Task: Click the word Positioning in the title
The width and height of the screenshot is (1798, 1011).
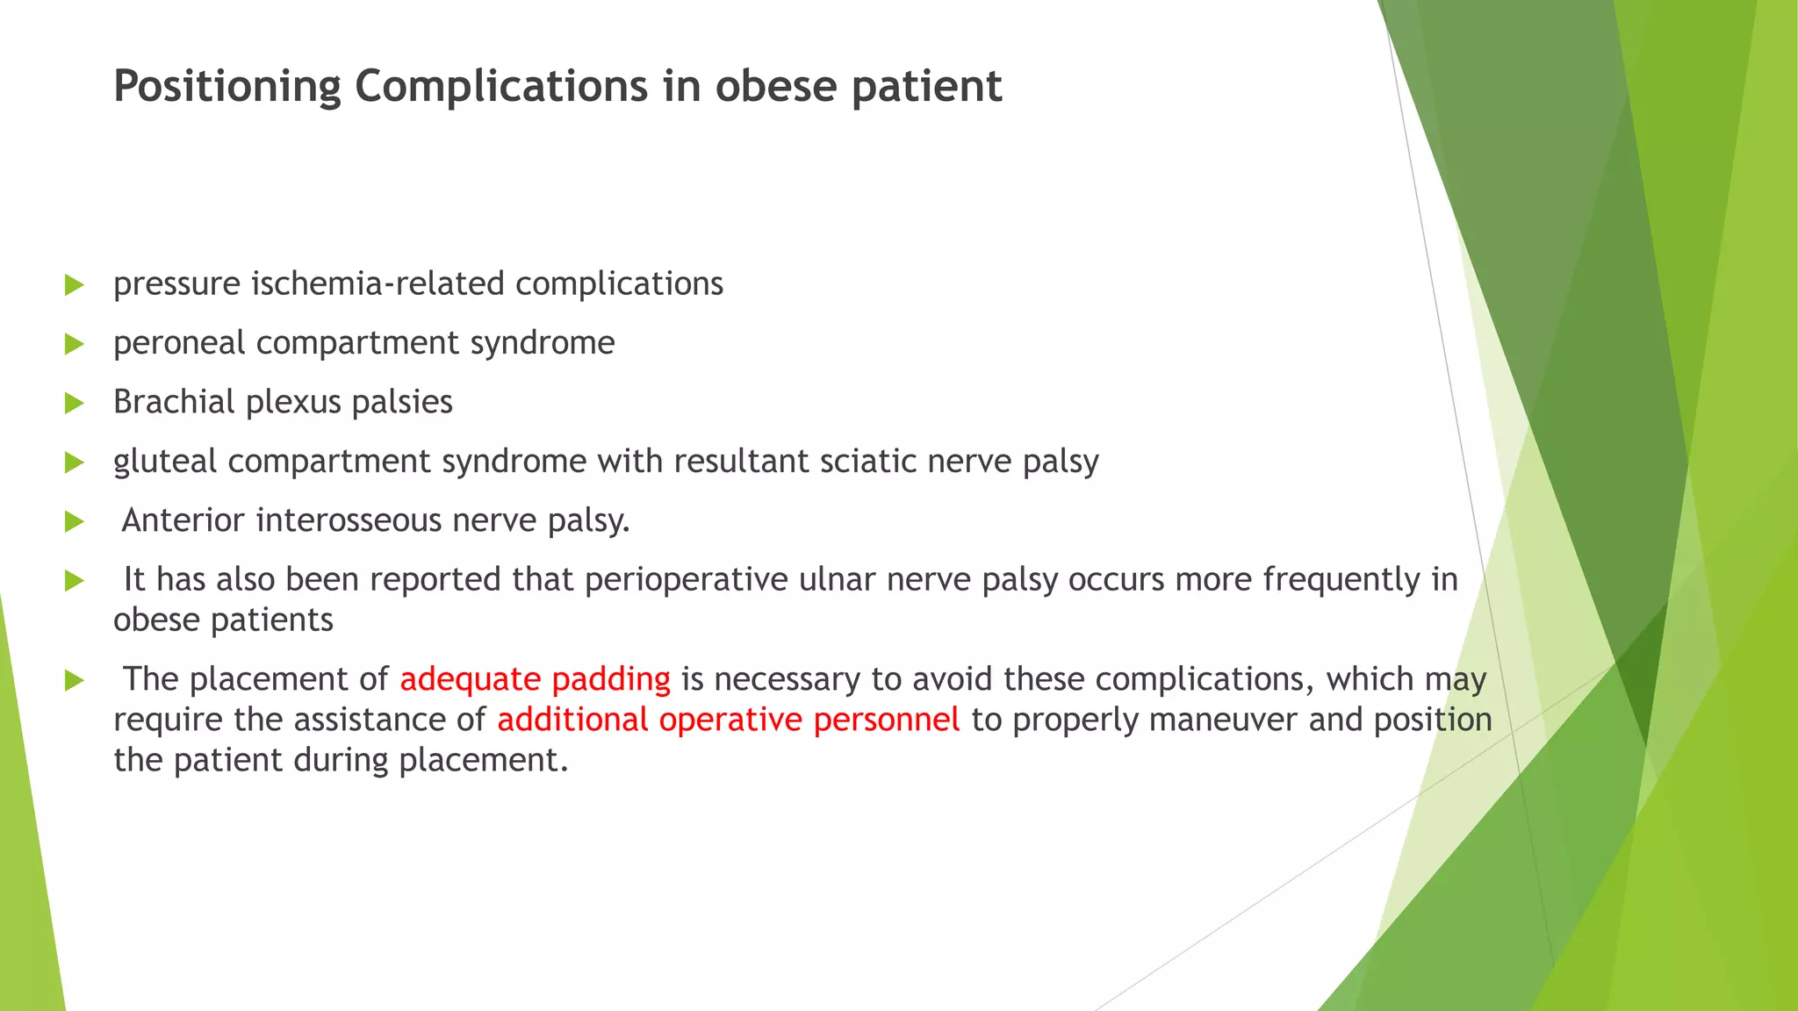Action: tap(227, 87)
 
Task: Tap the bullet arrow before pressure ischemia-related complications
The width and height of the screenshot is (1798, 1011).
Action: tap(75, 285)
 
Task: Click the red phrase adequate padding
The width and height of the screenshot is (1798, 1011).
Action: tap(535, 679)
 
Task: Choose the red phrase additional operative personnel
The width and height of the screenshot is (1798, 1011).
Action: tap(728, 720)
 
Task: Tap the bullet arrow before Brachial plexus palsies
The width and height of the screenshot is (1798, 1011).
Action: tap(75, 404)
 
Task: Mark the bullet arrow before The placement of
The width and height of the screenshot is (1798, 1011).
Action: tap(75, 680)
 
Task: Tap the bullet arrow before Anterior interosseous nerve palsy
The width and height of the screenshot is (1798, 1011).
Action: tap(75, 522)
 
